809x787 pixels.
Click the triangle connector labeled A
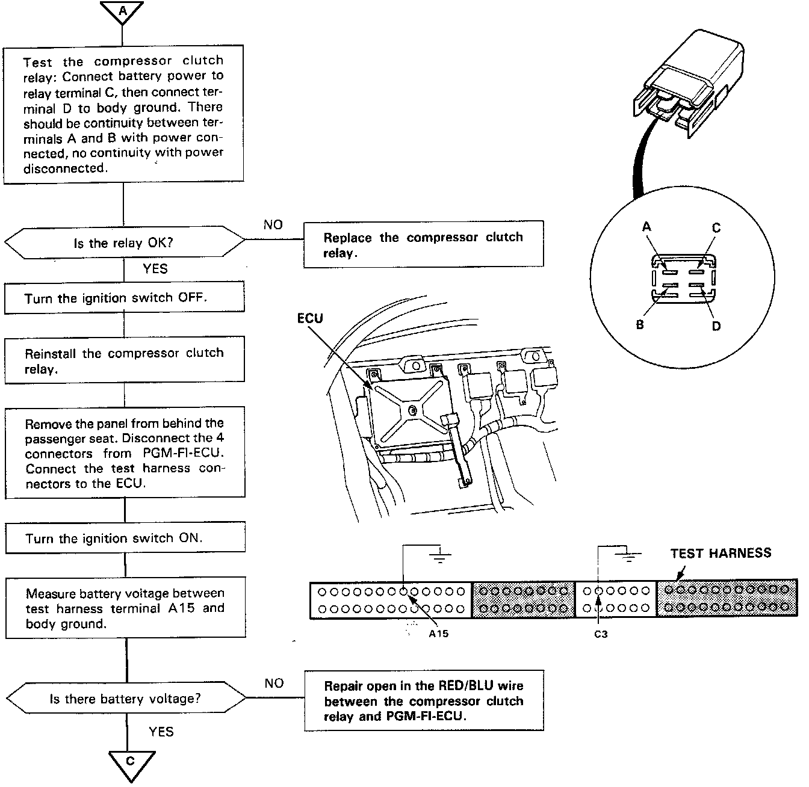122,11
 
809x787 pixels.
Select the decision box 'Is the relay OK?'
125,243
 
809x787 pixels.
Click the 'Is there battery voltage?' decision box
126,699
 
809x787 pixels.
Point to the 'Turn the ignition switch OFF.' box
125,298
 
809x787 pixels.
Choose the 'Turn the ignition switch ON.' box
126,538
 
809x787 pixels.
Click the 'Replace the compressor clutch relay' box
423,244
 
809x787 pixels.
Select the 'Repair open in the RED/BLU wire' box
424,701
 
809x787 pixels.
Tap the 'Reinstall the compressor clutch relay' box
125,360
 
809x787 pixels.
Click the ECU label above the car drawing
310,318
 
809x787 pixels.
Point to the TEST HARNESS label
721,553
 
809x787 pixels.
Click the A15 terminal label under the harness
439,634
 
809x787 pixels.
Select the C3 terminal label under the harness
601,634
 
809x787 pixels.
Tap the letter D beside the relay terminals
716,326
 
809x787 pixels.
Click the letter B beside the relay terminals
640,324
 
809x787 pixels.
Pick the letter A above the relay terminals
647,227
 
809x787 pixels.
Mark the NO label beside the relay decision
273,224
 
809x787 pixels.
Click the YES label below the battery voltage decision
161,732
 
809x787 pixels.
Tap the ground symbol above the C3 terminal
629,556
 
